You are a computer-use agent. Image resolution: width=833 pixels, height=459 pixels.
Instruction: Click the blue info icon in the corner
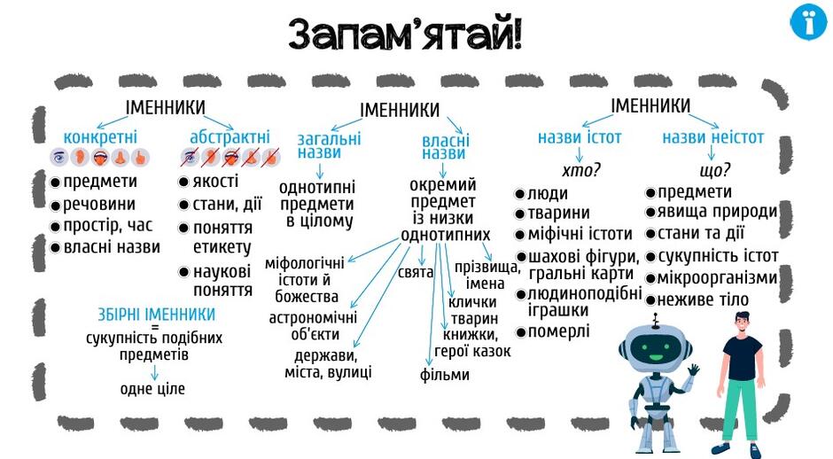click(808, 22)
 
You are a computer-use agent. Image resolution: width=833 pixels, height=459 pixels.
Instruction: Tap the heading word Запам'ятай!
click(406, 34)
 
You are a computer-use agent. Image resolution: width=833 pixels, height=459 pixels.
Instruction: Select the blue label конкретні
click(100, 136)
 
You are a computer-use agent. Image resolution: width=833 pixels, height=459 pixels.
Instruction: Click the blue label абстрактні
click(230, 136)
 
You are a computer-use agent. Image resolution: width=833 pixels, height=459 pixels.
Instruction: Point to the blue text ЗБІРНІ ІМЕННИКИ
click(156, 314)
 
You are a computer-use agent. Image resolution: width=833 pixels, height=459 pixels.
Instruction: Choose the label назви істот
click(580, 137)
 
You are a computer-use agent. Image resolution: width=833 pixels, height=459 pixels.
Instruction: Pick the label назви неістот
click(712, 137)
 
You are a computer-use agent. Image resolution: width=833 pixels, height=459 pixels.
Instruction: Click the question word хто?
click(581, 170)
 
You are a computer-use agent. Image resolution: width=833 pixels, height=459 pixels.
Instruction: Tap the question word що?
click(715, 170)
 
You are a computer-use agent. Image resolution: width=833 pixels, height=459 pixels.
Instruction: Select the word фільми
click(444, 375)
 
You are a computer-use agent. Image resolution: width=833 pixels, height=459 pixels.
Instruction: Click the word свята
click(416, 273)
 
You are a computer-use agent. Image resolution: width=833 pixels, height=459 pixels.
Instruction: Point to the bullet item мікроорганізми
click(712, 278)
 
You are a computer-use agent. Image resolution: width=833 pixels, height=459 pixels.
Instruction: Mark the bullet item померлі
click(552, 331)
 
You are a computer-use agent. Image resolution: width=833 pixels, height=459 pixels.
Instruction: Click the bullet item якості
click(209, 181)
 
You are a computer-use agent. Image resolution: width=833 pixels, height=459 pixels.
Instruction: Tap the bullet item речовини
click(93, 205)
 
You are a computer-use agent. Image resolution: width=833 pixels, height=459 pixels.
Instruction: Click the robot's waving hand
click(693, 370)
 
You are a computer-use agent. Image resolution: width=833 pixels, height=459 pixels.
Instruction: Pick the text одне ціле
click(152, 389)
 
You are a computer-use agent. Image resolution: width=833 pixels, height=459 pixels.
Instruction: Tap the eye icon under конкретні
click(59, 157)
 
